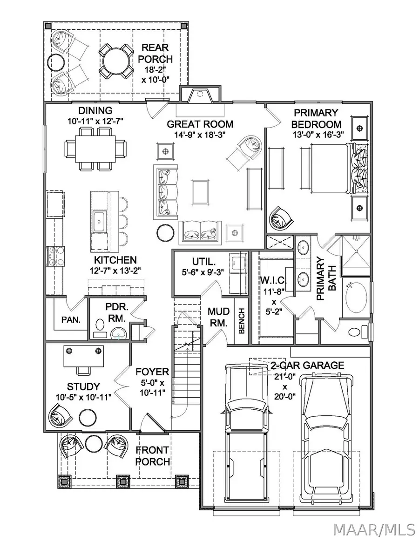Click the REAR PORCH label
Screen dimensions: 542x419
tap(157, 53)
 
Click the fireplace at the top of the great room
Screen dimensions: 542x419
tap(200, 96)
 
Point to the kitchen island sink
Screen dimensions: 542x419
tap(100, 219)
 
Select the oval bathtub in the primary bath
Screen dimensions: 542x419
tap(357, 298)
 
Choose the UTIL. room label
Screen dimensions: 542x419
tap(203, 262)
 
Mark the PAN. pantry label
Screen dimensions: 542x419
tap(71, 320)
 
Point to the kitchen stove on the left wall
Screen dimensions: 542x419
tap(54, 256)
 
